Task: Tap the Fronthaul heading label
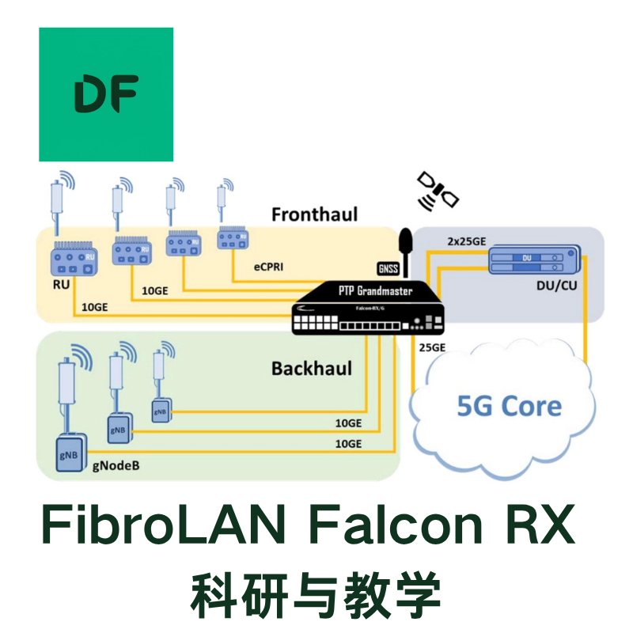(x=314, y=214)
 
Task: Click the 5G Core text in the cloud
(x=510, y=406)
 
